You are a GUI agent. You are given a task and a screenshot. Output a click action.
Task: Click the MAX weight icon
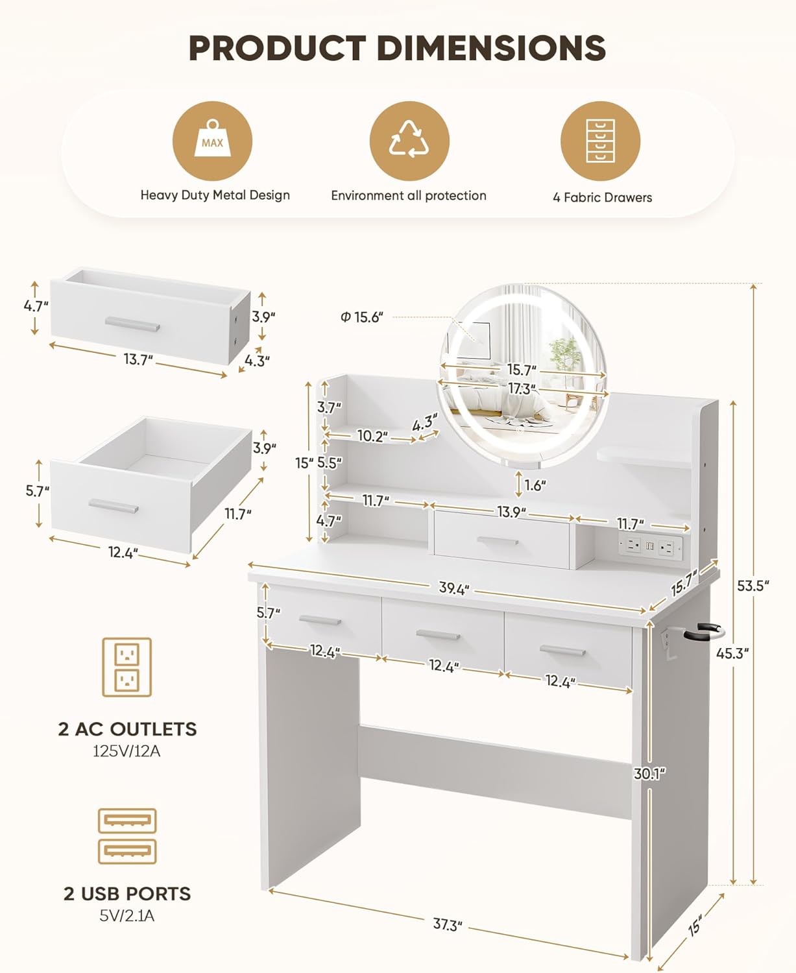click(212, 141)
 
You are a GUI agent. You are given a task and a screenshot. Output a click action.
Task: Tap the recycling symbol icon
click(409, 141)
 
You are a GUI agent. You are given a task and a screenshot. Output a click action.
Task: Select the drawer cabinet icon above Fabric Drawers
click(600, 141)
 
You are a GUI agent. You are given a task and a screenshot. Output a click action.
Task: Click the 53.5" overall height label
click(753, 586)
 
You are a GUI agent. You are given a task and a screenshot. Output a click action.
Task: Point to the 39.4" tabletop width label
click(454, 588)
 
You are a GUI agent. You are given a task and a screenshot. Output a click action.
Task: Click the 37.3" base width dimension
click(448, 925)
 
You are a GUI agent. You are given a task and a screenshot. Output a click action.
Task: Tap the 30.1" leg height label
click(650, 774)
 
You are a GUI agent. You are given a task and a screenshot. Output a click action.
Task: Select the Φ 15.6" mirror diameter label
click(362, 317)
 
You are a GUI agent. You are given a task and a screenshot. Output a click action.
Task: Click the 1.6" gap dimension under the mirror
click(535, 485)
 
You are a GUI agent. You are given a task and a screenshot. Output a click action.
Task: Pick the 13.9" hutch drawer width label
click(511, 512)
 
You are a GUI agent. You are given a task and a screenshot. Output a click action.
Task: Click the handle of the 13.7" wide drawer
click(132, 324)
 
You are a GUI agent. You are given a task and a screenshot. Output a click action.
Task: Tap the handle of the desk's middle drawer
click(438, 635)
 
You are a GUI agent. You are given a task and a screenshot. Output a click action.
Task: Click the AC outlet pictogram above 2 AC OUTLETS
click(127, 667)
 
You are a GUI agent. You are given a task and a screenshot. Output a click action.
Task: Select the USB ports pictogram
click(127, 836)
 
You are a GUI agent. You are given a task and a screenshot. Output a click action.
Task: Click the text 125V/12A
click(127, 752)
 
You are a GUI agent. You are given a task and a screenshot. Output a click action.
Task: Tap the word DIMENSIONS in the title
click(492, 48)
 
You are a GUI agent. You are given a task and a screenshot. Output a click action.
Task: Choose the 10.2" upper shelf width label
click(373, 436)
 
